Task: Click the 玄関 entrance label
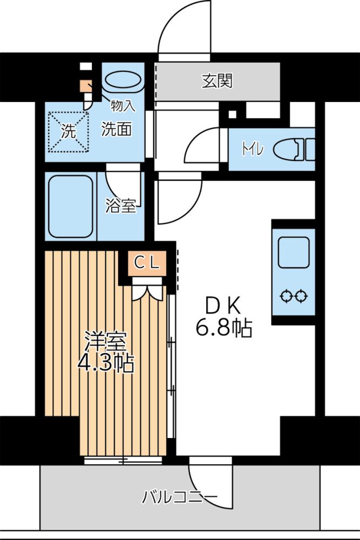pos(217,81)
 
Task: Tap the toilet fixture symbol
pos(294,150)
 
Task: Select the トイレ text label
pos(253,150)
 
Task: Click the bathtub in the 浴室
pos(71,206)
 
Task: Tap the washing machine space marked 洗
pos(68,132)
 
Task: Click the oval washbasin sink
pos(123,80)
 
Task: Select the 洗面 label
pos(117,129)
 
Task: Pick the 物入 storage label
pos(123,106)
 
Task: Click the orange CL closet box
pos(147,264)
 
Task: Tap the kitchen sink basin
pos(294,252)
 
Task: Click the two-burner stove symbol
pos(294,296)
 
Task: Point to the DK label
pos(223,306)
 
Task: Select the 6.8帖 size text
pos(224,328)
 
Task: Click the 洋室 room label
pos(105,341)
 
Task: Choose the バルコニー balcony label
pos(180,497)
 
